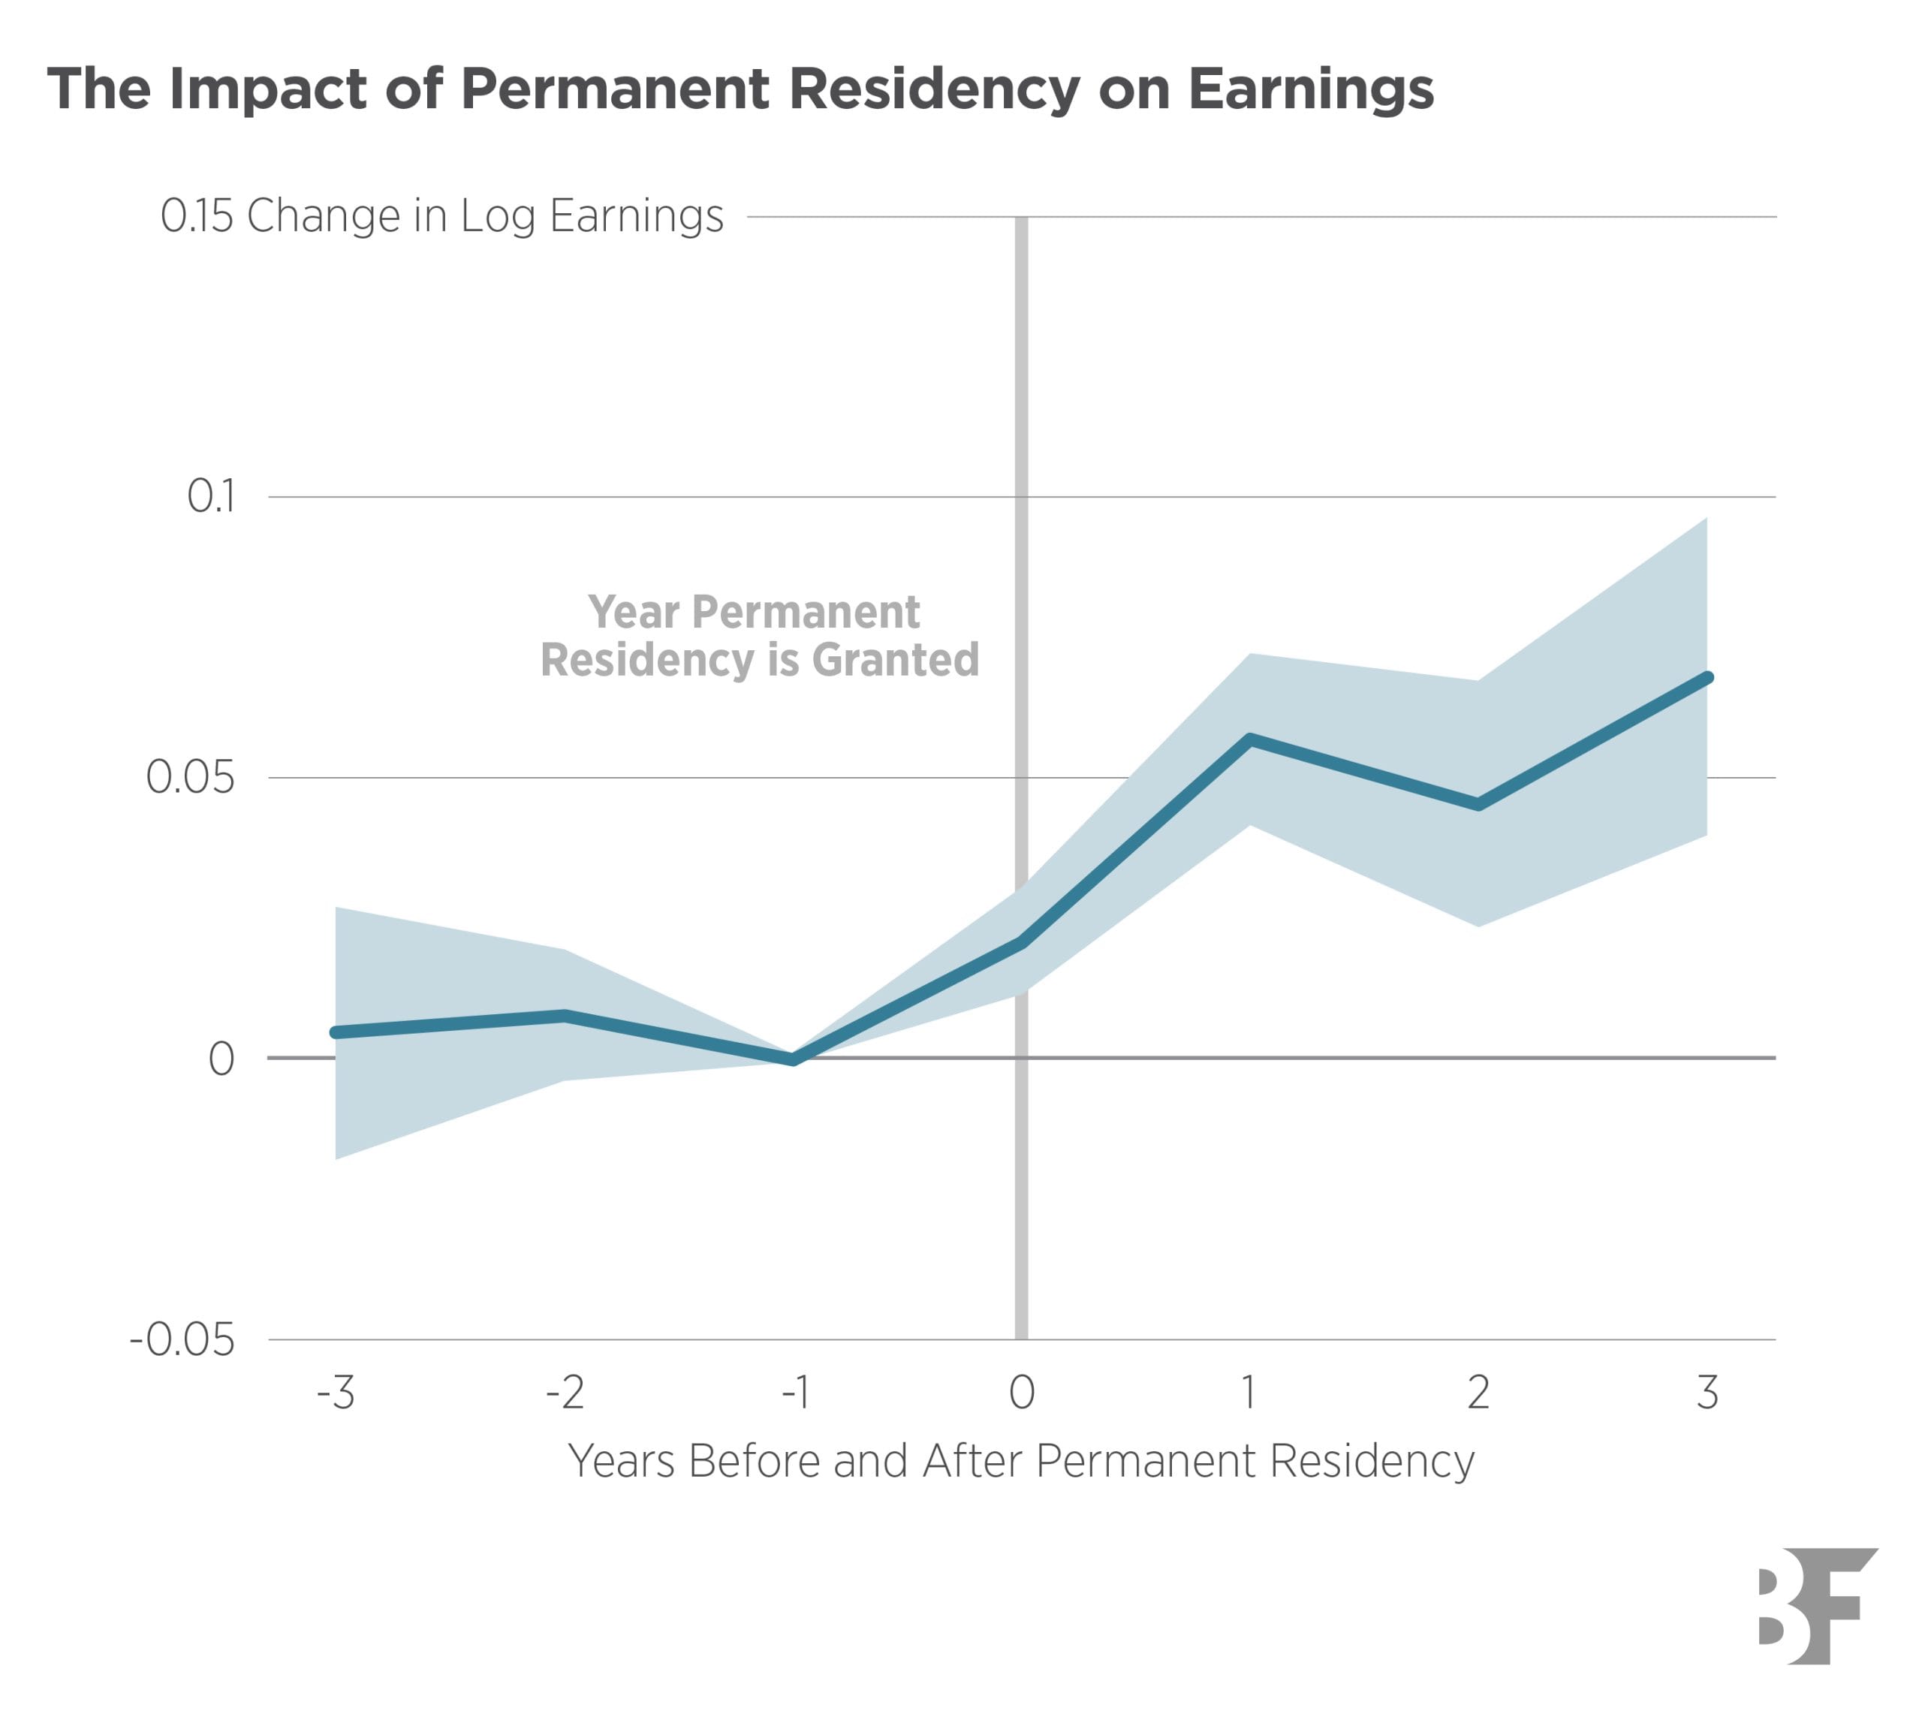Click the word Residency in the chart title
(x=933, y=89)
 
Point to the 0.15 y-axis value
(x=196, y=215)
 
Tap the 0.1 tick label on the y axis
(x=210, y=496)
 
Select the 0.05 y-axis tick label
(x=190, y=777)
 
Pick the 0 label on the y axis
(x=221, y=1059)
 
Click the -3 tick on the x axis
(x=335, y=1391)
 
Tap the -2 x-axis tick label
(x=565, y=1391)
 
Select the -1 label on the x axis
(x=794, y=1391)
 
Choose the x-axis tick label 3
(x=1707, y=1391)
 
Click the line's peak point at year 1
(x=1249, y=739)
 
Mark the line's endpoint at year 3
(x=1707, y=678)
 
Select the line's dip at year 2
(x=1478, y=805)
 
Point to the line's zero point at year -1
(x=794, y=1059)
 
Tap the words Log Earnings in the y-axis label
(x=592, y=215)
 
